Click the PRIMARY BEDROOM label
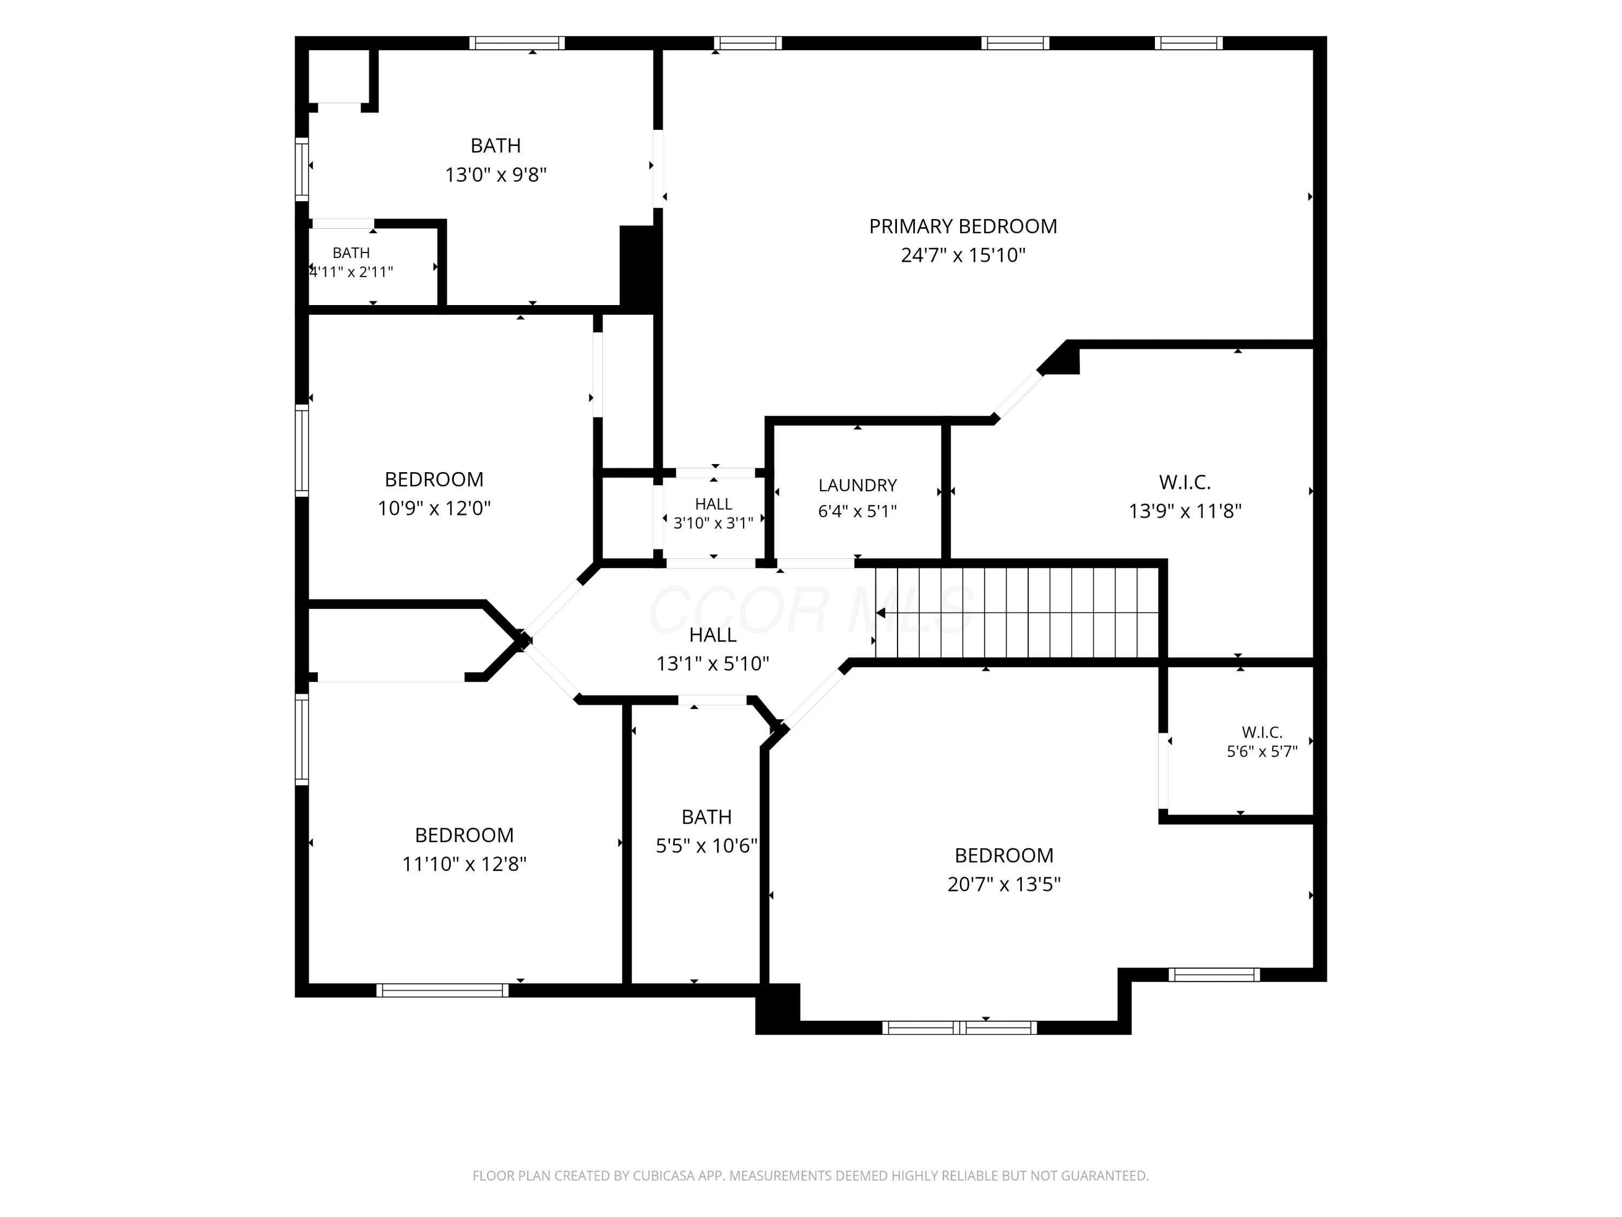tap(963, 226)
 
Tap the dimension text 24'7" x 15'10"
tap(963, 255)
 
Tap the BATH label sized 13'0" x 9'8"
tap(496, 145)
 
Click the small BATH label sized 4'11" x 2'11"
tap(351, 253)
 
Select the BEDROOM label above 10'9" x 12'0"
tap(434, 479)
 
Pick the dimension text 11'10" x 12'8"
tap(464, 864)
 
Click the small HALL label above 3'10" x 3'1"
tap(714, 504)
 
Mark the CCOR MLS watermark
tap(810, 610)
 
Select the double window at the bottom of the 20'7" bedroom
tap(960, 1028)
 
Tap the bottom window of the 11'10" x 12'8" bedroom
tap(442, 990)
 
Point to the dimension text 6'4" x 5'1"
tap(857, 511)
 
